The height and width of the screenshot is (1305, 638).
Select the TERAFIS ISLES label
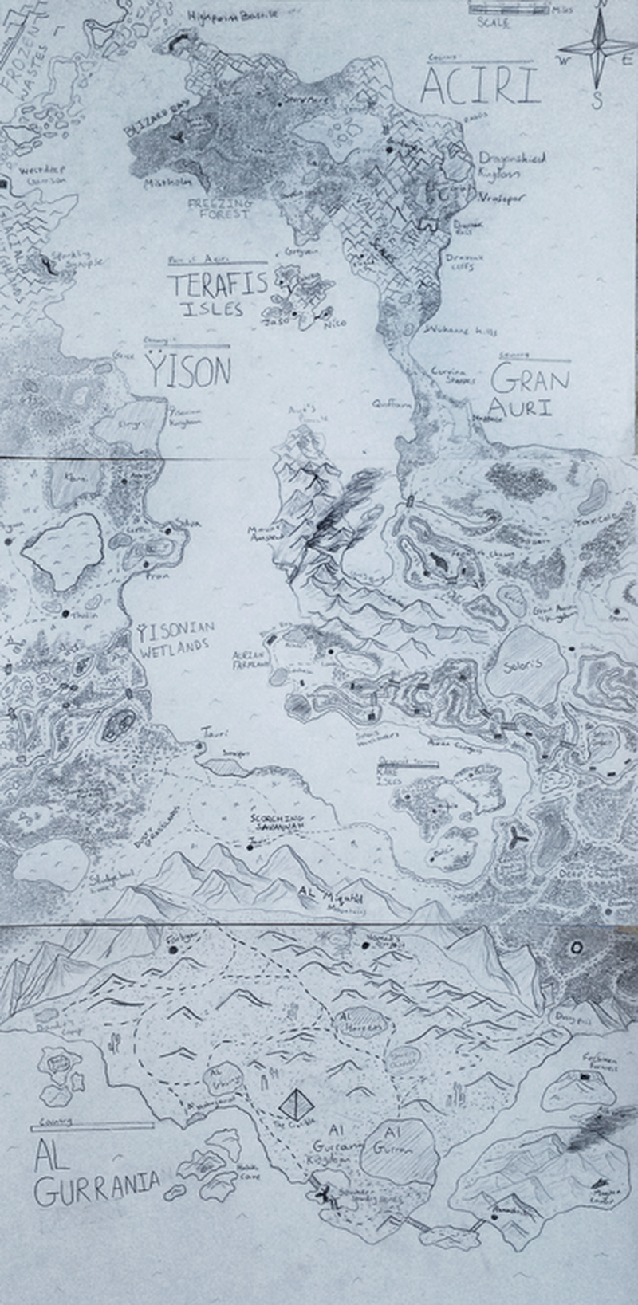pos(216,294)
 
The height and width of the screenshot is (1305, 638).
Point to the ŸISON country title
pos(189,371)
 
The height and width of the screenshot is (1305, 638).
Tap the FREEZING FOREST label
pos(219,210)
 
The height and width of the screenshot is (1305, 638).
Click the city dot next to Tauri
pos(199,746)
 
